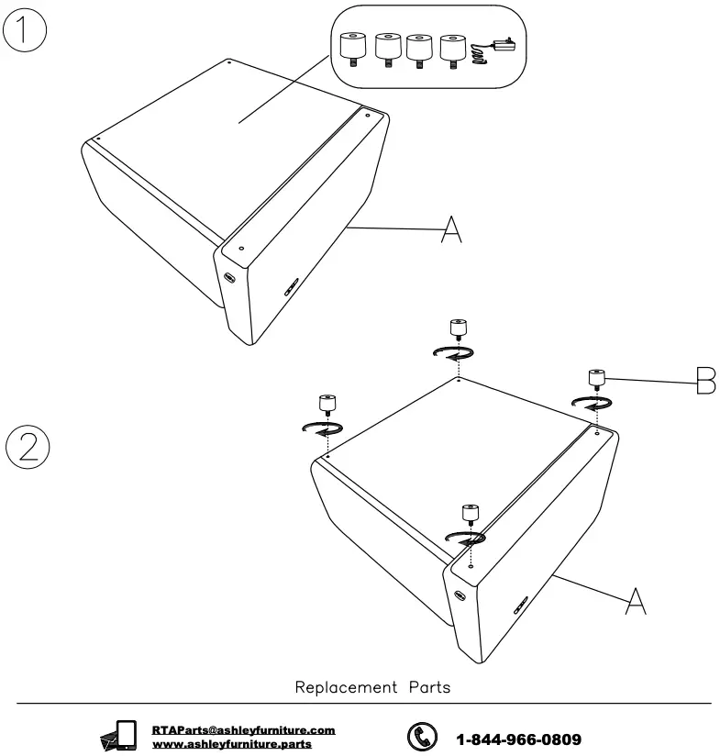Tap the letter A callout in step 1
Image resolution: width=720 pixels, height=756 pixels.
450,228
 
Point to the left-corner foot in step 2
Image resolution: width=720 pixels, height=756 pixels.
327,403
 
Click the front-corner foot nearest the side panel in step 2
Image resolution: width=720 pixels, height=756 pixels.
469,514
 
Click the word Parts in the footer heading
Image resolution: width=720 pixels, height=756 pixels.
425,687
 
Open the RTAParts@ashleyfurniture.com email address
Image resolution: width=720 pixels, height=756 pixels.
243,730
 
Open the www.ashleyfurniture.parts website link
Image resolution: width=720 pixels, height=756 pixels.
232,743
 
